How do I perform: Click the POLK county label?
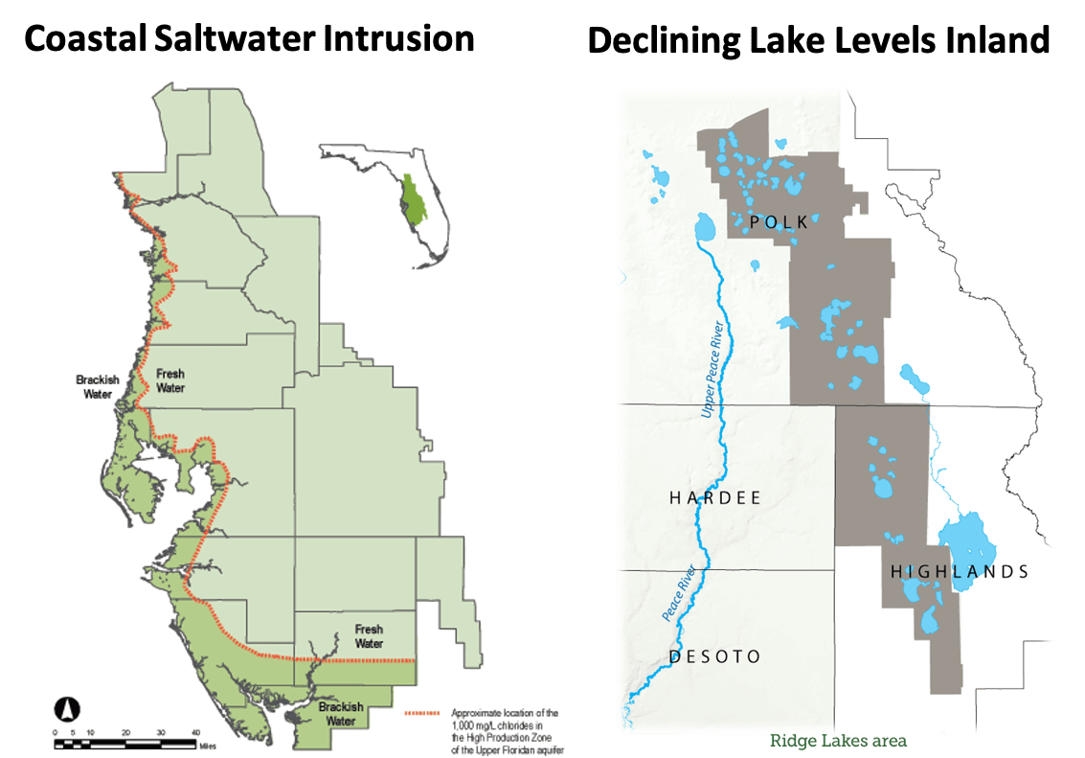tap(779, 222)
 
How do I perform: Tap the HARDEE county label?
tap(715, 498)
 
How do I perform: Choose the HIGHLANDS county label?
tap(960, 572)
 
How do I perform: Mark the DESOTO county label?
tap(715, 657)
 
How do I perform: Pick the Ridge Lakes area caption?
tap(838, 740)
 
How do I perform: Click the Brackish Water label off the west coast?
tap(99, 386)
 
